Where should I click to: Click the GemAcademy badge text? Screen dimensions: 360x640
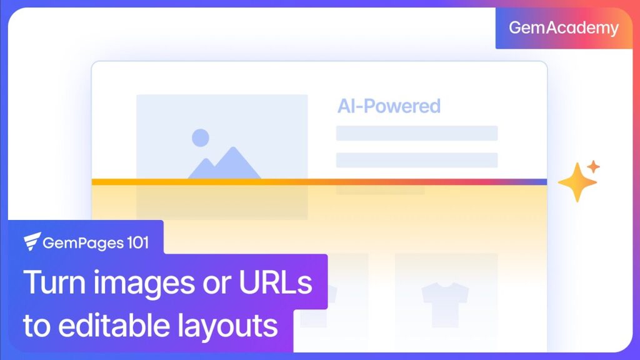click(564, 28)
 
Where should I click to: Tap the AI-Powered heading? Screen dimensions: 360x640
click(389, 106)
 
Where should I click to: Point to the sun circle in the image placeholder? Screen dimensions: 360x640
click(200, 137)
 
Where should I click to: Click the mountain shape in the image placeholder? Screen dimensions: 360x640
click(226, 164)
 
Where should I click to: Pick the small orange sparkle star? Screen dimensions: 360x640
click(593, 167)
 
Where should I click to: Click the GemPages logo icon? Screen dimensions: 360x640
click(32, 241)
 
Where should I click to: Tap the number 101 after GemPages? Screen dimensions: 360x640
click(136, 242)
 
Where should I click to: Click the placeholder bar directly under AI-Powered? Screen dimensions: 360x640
click(416, 133)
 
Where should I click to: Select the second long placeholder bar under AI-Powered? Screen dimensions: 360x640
click(416, 160)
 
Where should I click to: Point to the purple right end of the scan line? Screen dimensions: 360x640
click(541, 182)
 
